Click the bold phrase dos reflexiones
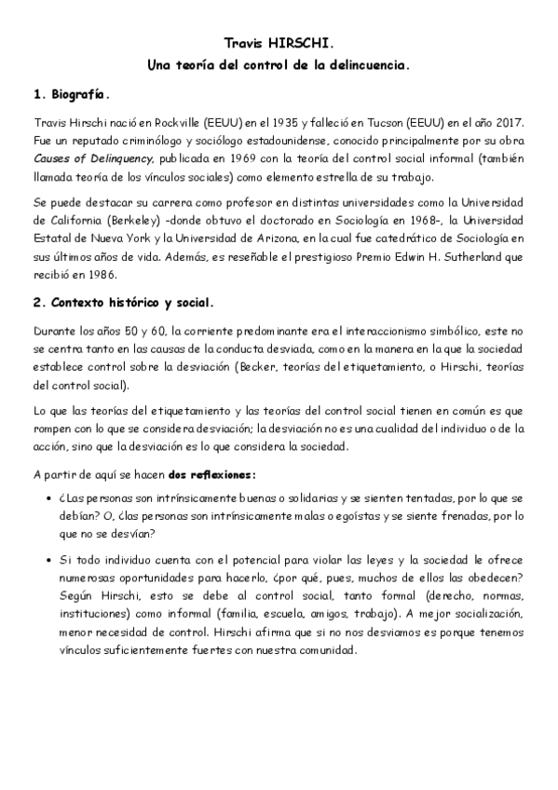coord(205,473)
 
